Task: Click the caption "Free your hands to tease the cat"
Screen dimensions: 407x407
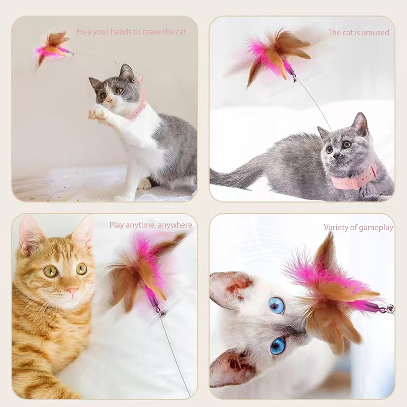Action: (x=131, y=32)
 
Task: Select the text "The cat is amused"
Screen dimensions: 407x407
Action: (x=358, y=33)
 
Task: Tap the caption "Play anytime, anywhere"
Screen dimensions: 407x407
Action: (x=151, y=225)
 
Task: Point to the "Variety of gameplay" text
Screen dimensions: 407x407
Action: (x=358, y=227)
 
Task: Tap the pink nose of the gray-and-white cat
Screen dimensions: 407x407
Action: (x=109, y=101)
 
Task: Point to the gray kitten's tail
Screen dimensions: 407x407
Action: (x=233, y=174)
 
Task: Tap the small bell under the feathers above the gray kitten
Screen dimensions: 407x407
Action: (x=295, y=80)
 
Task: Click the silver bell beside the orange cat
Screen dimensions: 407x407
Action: (x=162, y=314)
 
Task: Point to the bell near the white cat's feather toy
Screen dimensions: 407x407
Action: (x=390, y=309)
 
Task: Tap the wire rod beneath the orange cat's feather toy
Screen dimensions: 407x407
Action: (x=174, y=353)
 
